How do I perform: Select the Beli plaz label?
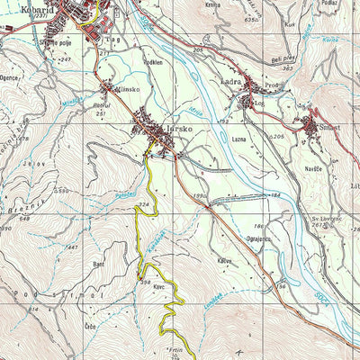click(283, 55)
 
